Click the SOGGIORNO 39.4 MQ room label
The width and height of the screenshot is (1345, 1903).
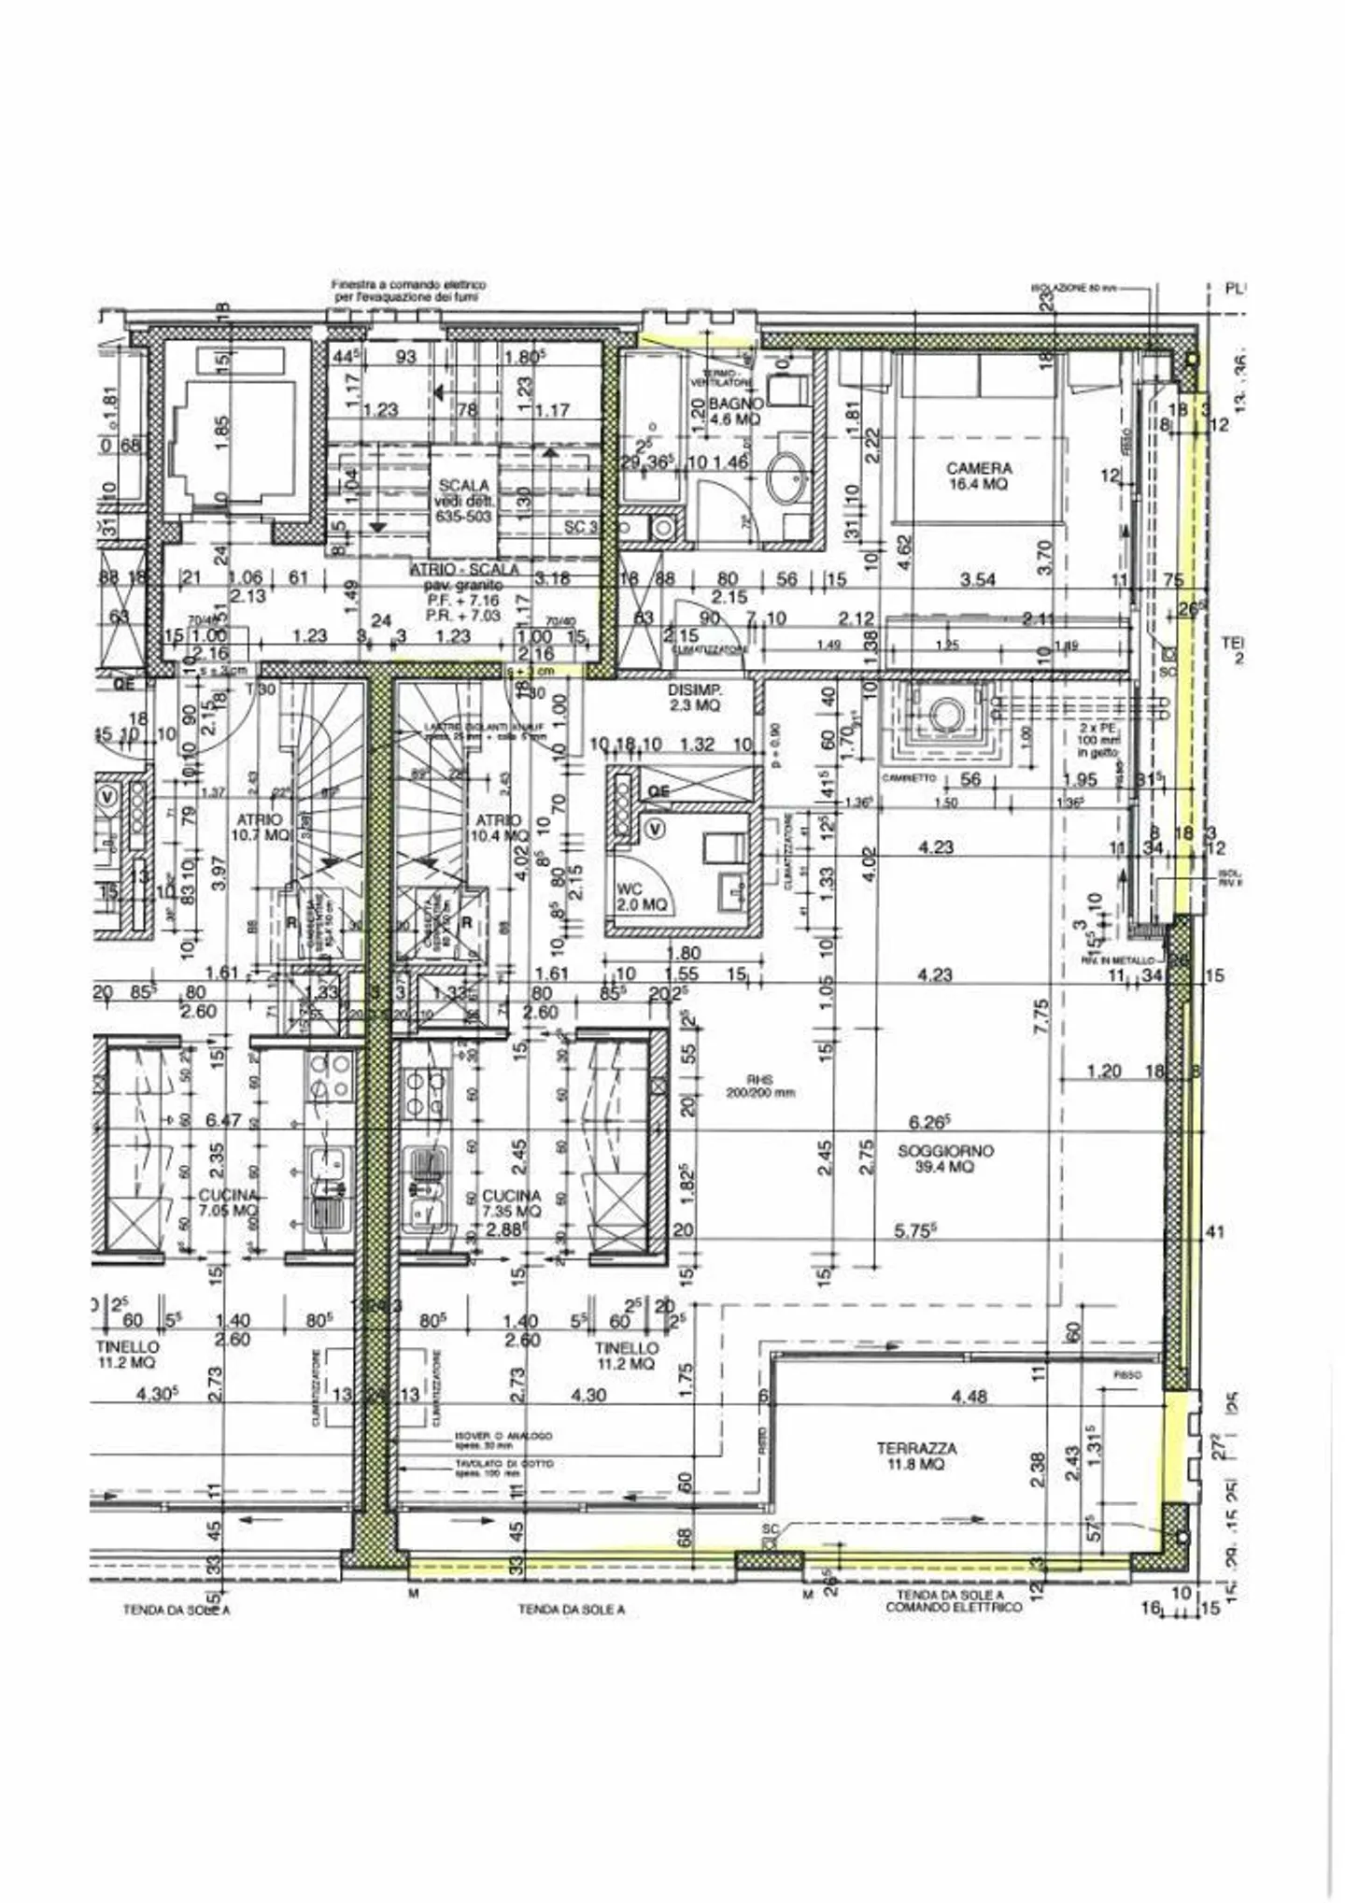click(945, 1158)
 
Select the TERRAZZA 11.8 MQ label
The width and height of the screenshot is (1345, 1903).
click(915, 1456)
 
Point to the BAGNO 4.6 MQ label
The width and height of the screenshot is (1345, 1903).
click(736, 411)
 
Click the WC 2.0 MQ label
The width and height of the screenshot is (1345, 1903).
click(641, 898)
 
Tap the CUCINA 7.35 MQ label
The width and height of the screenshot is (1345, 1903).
click(511, 1203)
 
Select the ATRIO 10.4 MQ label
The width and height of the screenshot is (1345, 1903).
click(498, 828)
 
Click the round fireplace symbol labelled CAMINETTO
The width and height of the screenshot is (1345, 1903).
click(943, 717)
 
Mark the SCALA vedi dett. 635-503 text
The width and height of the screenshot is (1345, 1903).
click(464, 501)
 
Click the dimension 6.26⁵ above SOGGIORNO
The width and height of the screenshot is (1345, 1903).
click(929, 1121)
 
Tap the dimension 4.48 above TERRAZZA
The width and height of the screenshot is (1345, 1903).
click(968, 1397)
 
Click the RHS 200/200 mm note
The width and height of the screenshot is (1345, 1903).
click(759, 1086)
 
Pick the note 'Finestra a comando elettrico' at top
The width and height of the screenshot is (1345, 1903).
click(408, 290)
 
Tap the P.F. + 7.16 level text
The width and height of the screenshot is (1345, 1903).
click(463, 601)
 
